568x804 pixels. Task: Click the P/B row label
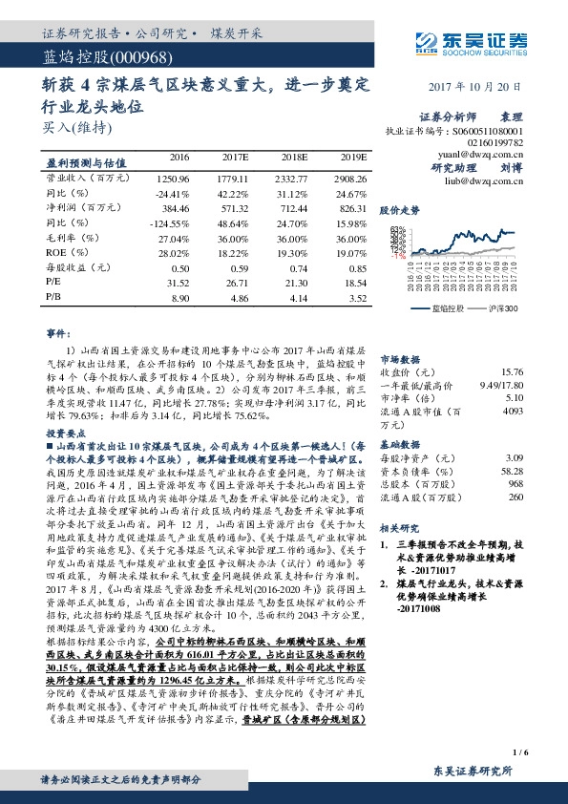[53, 299]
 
